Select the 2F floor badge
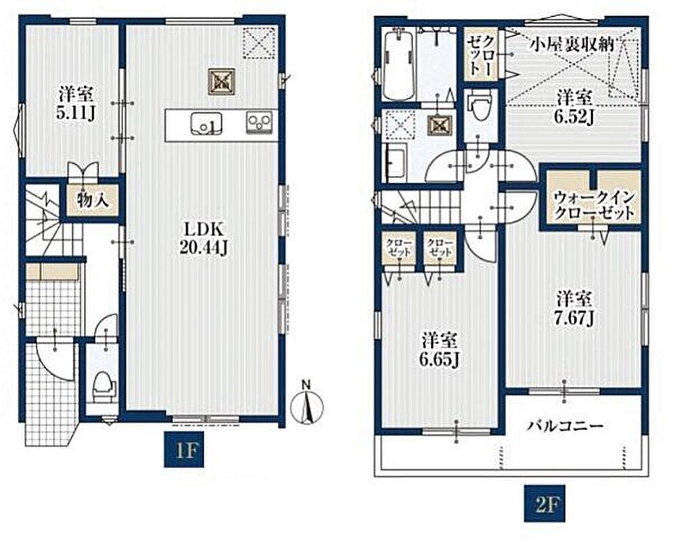[x=544, y=504]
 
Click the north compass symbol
[x=306, y=402]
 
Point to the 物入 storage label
[x=92, y=200]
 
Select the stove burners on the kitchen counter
[x=259, y=122]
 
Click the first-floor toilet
[x=105, y=385]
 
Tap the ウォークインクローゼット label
[x=594, y=205]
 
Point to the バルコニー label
[x=565, y=426]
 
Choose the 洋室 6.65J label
[x=439, y=350]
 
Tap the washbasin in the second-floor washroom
[x=397, y=162]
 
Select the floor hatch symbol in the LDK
[x=222, y=81]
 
